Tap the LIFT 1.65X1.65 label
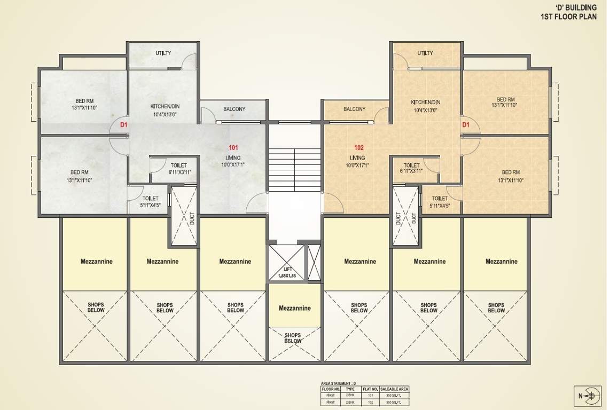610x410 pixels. [x=286, y=272]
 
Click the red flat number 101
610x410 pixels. [x=233, y=147]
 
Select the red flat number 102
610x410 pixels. [x=359, y=147]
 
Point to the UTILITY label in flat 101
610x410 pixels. [x=163, y=53]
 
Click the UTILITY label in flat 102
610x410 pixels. [x=425, y=53]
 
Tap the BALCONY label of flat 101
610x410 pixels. [x=234, y=109]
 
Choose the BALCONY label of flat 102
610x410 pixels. [x=355, y=109]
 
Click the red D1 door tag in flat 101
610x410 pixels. [x=124, y=125]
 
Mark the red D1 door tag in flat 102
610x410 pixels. [x=466, y=125]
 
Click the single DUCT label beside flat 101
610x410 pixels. [x=192, y=218]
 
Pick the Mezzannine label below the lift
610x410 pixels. [x=294, y=308]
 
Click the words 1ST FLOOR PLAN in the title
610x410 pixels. [x=568, y=17]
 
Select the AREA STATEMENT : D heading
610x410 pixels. [x=338, y=383]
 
